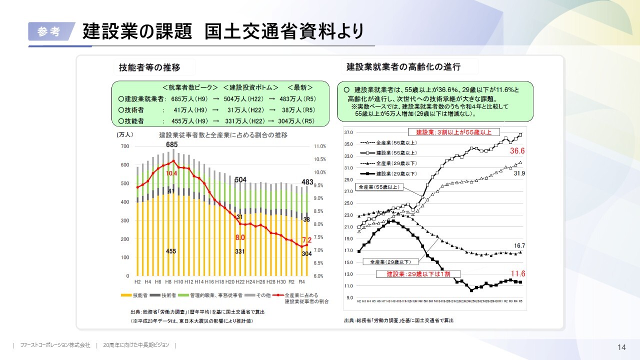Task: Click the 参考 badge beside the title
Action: pos(48,31)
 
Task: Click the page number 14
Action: pos(622,347)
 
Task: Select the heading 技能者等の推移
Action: pos(149,67)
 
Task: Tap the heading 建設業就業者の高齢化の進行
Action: pos(403,66)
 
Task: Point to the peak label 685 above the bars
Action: pos(172,145)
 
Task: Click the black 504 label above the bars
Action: pos(240,180)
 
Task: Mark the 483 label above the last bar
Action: pos(307,181)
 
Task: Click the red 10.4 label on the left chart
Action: pos(172,173)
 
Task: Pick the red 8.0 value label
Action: pos(240,237)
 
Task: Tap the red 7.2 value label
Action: pos(307,240)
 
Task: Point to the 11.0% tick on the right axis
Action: pos(320,146)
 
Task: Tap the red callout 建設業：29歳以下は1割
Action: pos(418,274)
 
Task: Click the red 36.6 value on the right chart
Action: pos(517,151)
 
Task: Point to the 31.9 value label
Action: pos(519,173)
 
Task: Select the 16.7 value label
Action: pos(519,246)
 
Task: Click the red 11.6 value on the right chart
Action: pos(518,274)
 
